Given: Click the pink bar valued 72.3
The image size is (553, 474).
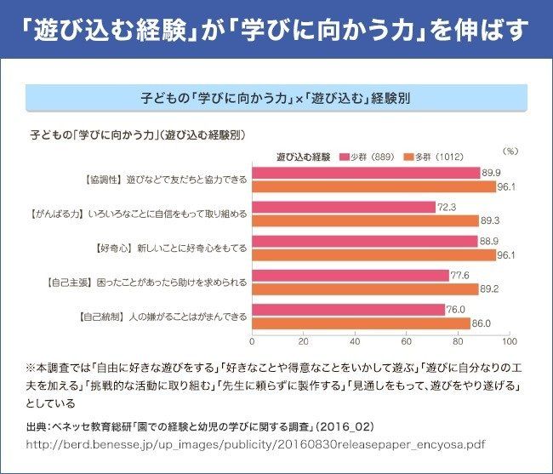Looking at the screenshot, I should coord(344,208).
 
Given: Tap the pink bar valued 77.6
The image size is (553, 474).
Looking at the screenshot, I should coord(351,276).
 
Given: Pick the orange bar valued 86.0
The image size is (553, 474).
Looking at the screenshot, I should coord(362,323).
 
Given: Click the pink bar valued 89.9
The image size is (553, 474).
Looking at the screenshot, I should coord(367,174).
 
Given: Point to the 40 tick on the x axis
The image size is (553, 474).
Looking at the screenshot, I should coord(356,341).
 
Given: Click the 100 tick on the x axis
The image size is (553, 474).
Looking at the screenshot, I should coord(509,341).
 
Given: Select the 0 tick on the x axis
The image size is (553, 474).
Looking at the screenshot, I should coord(253,341).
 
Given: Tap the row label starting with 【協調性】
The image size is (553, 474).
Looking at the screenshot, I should coord(161,180).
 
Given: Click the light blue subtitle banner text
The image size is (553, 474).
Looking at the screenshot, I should coord(276,98).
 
